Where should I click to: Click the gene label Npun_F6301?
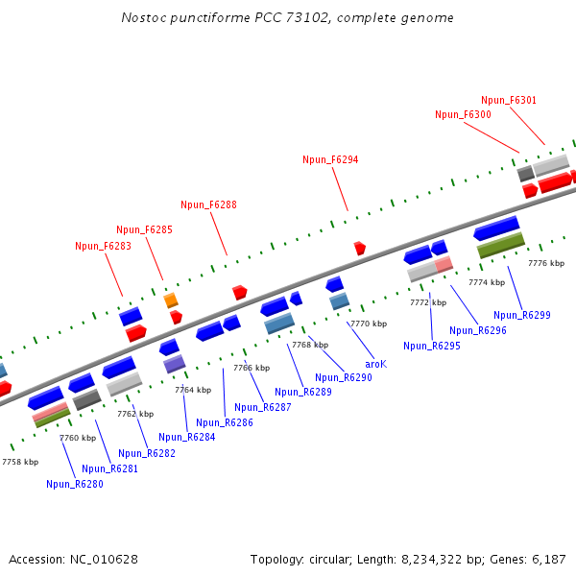[509, 100]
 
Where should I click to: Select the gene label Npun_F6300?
[463, 114]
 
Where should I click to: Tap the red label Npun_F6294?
[330, 159]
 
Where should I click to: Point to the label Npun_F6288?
[208, 204]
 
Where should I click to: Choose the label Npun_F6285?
[144, 229]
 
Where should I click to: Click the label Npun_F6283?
[103, 246]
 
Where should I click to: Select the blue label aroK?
[376, 364]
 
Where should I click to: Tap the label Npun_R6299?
[522, 315]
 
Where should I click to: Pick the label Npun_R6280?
[74, 484]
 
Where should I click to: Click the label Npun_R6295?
[432, 346]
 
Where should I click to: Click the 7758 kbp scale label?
[20, 462]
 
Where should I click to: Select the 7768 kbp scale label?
[310, 345]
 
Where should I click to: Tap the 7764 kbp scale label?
[192, 390]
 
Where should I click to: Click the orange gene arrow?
[171, 300]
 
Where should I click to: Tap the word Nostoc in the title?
[143, 18]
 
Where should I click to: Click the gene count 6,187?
[549, 559]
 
